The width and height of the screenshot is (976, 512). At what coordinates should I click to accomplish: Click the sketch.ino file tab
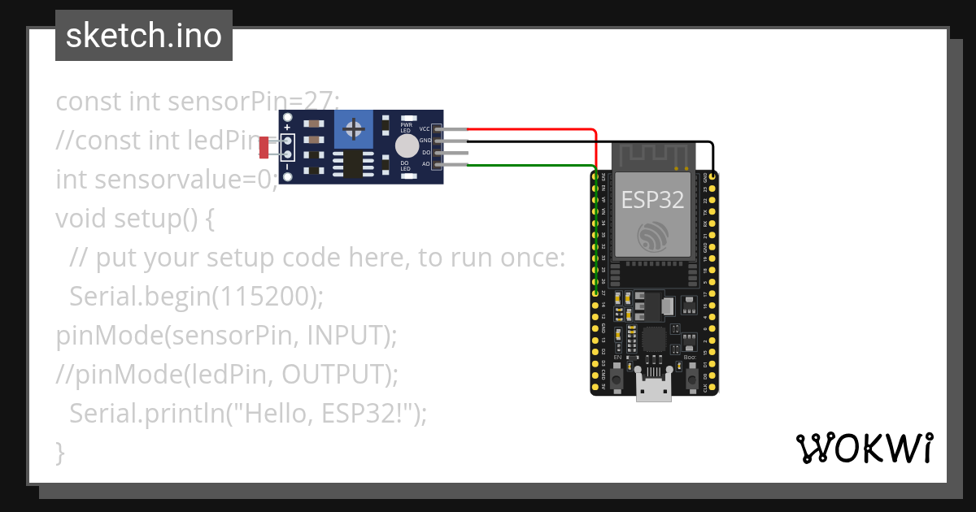143,36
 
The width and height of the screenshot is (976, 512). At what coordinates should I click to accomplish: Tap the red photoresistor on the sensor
264,147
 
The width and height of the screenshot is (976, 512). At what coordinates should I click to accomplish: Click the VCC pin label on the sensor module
425,129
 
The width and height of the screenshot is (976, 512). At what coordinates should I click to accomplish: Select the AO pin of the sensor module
439,165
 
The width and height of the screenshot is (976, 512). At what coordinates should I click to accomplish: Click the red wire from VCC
529,129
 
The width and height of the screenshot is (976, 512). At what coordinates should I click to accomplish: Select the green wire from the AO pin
529,165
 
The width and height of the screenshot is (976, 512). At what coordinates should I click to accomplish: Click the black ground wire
586,141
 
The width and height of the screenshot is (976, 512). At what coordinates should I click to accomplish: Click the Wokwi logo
864,448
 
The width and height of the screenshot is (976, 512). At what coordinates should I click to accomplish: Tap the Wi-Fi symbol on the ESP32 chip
653,236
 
